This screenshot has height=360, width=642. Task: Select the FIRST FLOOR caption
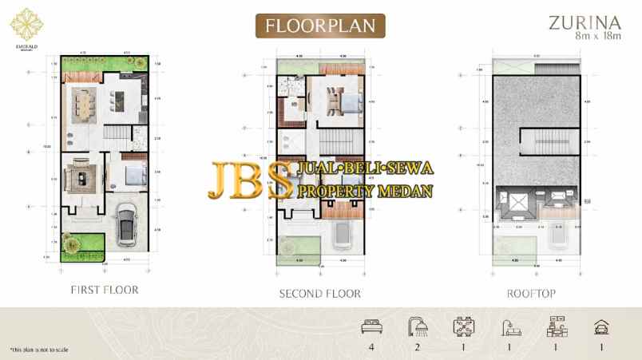tap(105, 290)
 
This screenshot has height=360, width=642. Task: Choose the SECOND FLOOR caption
tap(319, 294)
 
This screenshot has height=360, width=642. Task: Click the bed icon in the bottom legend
tap(370, 326)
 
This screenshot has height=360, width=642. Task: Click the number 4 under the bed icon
tap(370, 347)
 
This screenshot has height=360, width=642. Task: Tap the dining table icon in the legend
tap(462, 326)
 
